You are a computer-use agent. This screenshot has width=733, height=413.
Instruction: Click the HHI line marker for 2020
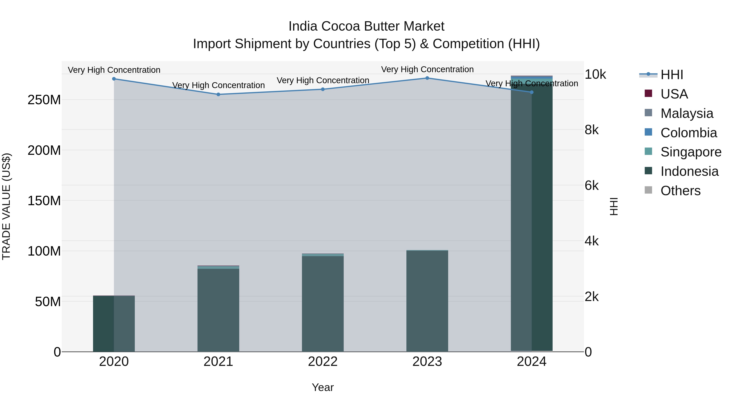pos(114,79)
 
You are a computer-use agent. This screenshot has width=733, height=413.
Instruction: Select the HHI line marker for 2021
pos(218,94)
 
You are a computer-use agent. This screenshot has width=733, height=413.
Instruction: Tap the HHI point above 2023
pos(427,78)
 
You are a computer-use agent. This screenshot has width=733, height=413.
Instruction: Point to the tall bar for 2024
pos(532,214)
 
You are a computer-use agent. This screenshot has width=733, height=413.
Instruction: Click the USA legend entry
pos(674,94)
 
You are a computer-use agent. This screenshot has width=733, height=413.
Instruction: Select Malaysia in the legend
pos(687,113)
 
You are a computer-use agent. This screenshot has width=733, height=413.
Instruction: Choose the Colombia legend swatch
pos(648,132)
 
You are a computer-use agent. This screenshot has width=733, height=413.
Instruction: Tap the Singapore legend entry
pos(691,152)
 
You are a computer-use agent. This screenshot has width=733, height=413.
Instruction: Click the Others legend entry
pos(680,191)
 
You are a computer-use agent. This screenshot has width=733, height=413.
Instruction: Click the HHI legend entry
pos(672,75)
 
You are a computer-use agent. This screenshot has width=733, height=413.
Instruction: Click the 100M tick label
pos(44,251)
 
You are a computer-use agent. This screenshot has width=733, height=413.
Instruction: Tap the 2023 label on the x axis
pos(427,362)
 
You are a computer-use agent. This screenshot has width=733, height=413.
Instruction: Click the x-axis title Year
pos(323,387)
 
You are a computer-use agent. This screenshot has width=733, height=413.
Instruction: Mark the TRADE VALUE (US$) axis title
pos(7,206)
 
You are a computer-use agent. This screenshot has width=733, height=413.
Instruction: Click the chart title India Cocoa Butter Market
pos(366,26)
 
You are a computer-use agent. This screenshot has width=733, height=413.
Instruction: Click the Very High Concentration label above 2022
pos(323,80)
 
